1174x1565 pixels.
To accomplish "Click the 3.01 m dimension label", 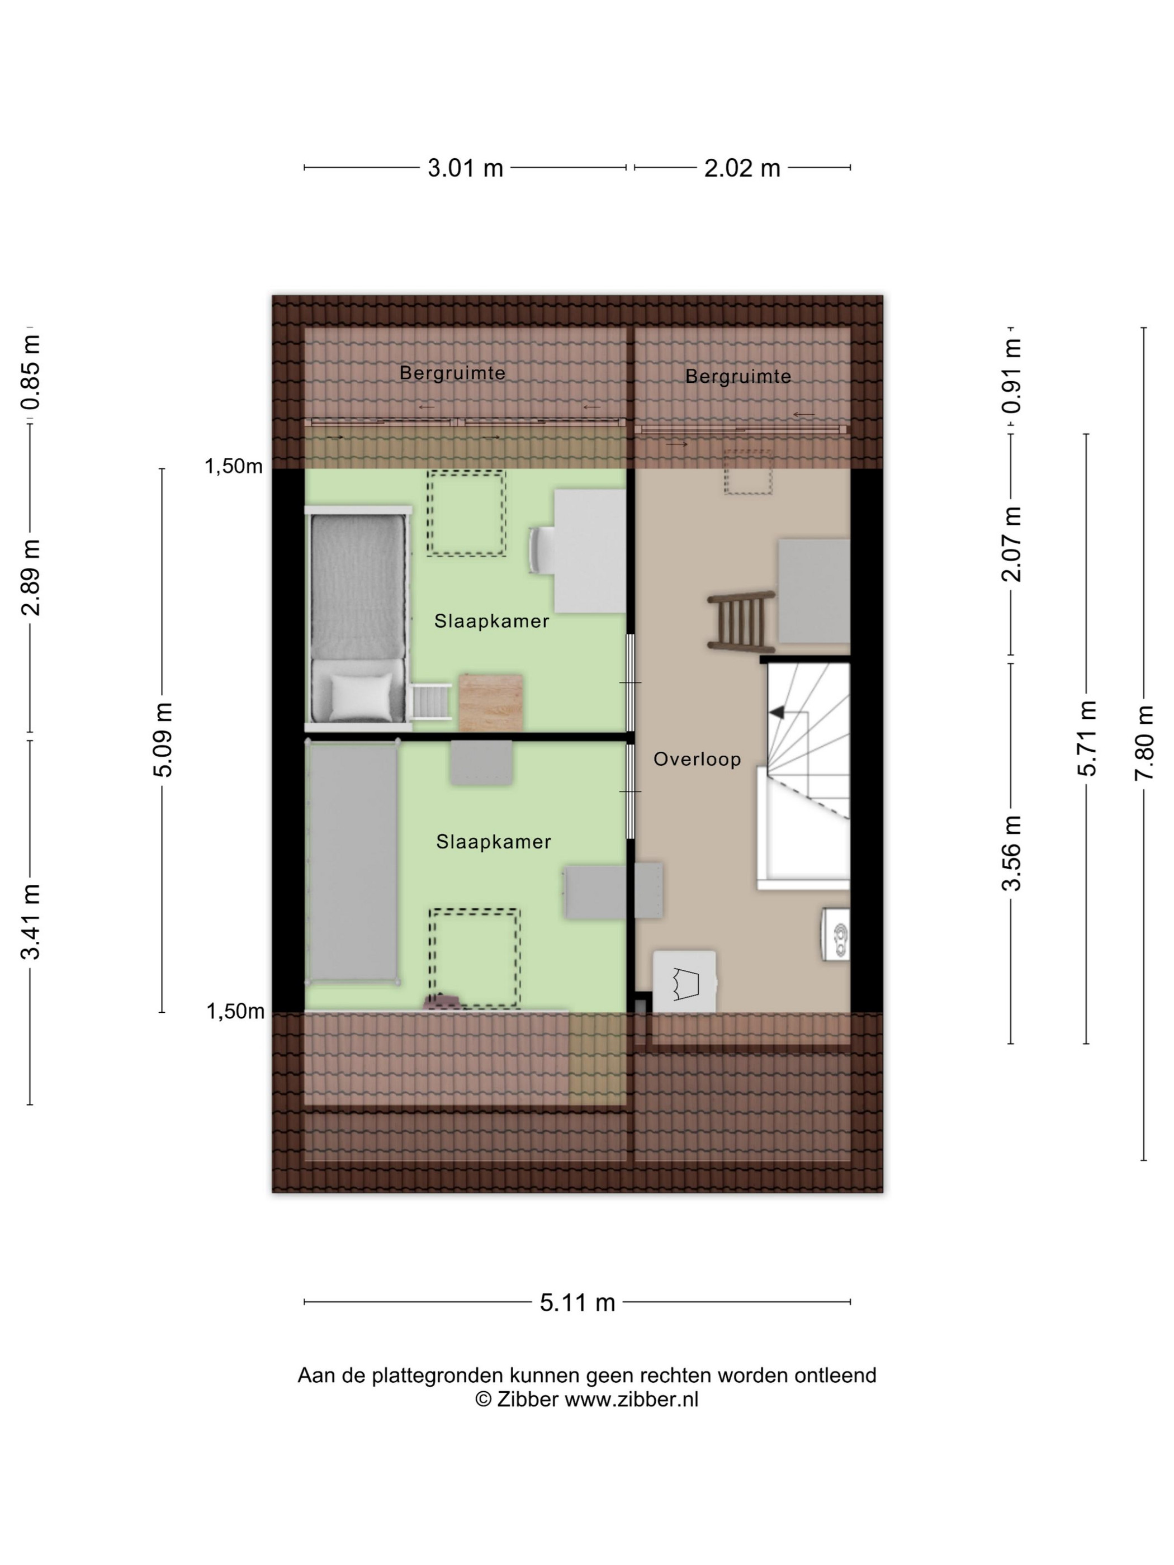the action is coord(465,168).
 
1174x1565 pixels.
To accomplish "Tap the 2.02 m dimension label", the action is coord(742,168).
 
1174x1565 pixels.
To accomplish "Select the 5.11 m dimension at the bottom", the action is coord(577,1302).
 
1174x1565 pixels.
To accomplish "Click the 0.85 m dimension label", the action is coord(30,372).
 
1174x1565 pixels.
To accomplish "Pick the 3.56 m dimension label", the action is coord(1012,852).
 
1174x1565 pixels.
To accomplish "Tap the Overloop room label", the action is coord(697,759).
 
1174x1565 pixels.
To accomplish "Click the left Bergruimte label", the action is coord(452,373).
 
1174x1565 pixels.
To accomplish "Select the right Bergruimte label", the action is coord(738,376).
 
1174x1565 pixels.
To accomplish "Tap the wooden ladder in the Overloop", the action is coord(741,620).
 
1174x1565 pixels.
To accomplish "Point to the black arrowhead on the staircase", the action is coord(777,713).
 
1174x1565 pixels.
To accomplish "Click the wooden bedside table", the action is coord(491,703).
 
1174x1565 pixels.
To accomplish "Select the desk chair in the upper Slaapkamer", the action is coord(542,550).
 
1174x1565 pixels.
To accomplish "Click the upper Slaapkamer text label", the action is coord(492,621).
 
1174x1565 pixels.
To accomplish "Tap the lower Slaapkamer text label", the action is coord(493,842).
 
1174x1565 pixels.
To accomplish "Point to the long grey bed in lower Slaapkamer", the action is coord(352,862).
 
